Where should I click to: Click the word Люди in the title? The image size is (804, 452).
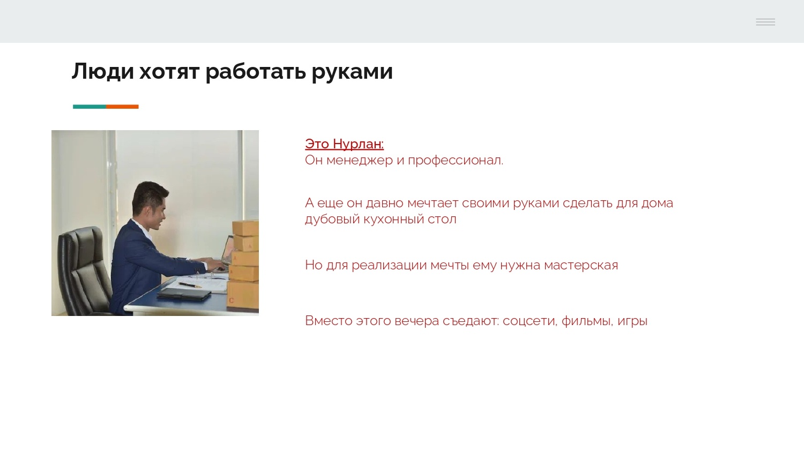click(x=102, y=71)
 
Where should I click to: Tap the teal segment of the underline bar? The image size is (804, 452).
click(x=89, y=107)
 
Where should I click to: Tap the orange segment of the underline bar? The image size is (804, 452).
click(x=122, y=107)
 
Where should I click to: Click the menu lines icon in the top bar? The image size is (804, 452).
click(x=765, y=22)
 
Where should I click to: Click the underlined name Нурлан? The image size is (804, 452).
click(x=358, y=144)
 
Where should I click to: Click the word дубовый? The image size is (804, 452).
click(x=332, y=219)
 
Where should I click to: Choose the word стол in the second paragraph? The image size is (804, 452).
click(x=442, y=219)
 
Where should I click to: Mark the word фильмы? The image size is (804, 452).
click(x=586, y=321)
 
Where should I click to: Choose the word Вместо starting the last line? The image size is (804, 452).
click(x=329, y=321)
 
